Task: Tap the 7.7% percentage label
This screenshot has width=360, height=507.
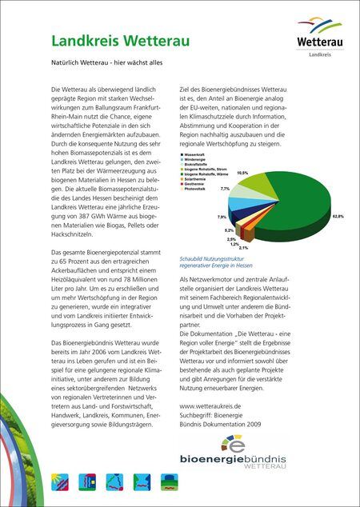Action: pyautogui.click(x=226, y=189)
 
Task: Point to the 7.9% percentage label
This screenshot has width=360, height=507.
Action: pyautogui.click(x=222, y=217)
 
